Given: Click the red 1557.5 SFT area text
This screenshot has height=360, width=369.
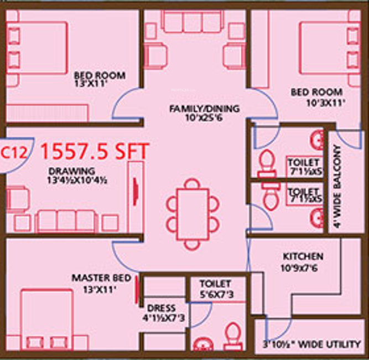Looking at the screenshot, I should (94, 151).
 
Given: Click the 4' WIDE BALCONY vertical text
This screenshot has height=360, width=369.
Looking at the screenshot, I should (336, 186).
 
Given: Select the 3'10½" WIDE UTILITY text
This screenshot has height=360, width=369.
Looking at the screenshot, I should (311, 344).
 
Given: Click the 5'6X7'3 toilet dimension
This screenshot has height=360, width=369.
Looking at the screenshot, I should (216, 295).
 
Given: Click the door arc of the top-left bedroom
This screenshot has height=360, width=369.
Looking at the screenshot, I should (126, 105).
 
